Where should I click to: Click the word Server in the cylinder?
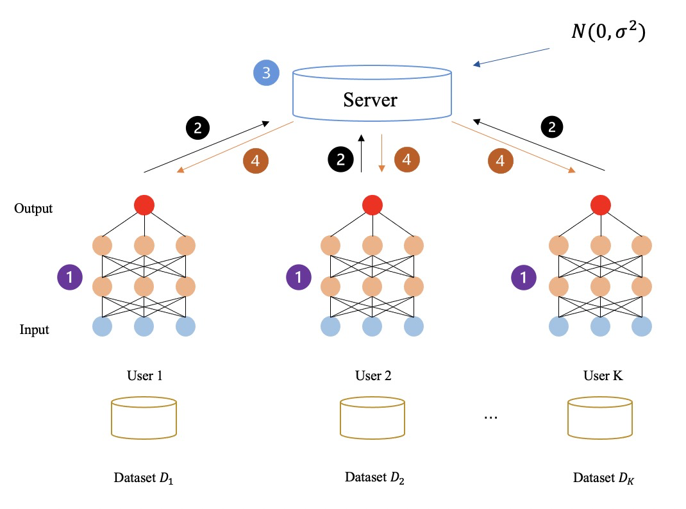point(370,100)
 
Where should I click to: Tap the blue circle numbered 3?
point(267,72)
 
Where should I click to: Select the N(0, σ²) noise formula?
point(608,31)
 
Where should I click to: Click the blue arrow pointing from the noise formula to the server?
point(511,57)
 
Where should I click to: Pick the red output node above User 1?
point(144,205)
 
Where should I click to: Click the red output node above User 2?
point(372,205)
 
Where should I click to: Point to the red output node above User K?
point(601,205)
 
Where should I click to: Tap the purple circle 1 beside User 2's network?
point(298,277)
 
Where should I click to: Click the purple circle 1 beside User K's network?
point(524,277)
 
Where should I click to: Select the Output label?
point(33,208)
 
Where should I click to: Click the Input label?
point(34,330)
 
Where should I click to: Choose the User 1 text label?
point(145,376)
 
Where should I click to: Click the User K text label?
point(603,376)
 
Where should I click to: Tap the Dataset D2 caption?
point(374,478)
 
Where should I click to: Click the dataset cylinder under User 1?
point(144,417)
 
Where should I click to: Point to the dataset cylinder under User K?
point(600,417)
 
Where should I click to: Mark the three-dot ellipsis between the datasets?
point(491,418)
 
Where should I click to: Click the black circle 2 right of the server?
point(552,127)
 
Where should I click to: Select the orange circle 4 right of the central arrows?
point(407,160)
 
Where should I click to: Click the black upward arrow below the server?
point(362,153)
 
